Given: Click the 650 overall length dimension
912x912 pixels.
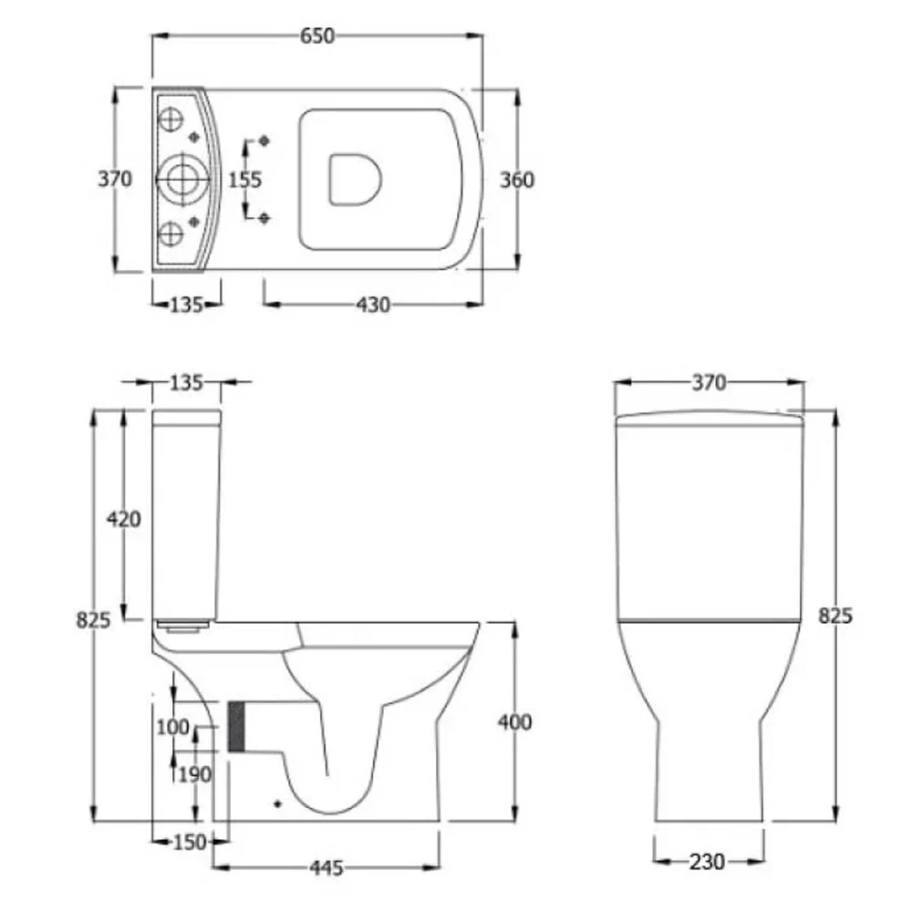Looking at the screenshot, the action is [317, 36].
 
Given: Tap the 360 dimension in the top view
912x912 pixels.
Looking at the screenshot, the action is [516, 180].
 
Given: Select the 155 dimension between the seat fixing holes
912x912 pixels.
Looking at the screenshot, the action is [244, 180].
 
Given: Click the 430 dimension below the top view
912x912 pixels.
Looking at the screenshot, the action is [373, 305].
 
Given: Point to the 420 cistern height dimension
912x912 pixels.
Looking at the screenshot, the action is [124, 518].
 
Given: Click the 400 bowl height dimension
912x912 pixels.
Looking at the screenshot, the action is [514, 721].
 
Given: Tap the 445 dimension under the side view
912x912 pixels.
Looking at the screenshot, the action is [326, 868].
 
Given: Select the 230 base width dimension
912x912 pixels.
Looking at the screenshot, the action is [708, 862].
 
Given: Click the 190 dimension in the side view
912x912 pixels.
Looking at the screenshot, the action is [194, 774].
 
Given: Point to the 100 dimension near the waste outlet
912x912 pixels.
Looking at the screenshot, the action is [172, 727].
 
